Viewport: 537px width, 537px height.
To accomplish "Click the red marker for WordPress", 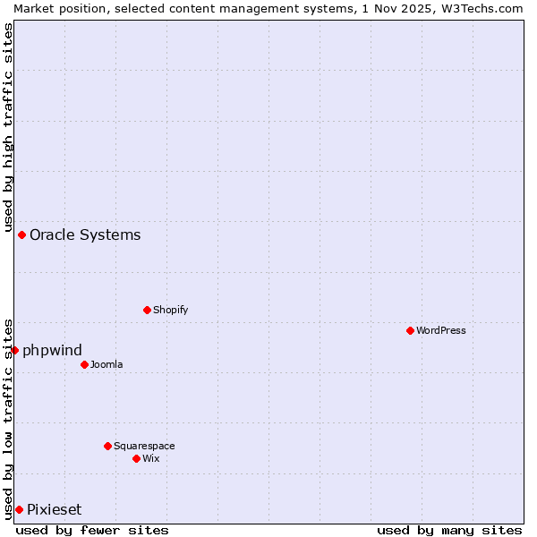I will pos(410,330).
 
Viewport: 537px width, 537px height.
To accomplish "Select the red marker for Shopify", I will pos(147,310).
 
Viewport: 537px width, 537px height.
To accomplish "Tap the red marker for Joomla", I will pos(84,364).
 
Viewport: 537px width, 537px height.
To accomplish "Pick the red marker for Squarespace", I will pos(107,446).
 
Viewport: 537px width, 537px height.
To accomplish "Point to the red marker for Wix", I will pos(136,458).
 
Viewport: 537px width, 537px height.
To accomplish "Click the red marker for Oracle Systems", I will pos(21,234).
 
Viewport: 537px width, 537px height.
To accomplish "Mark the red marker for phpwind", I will pos(14,350).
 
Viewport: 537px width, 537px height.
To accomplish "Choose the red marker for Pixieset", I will pos(19,509).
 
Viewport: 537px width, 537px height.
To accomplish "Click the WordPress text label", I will pos(441,330).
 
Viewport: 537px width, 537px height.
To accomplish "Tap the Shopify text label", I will pos(170,310).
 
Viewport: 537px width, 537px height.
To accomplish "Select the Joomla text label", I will pos(107,364).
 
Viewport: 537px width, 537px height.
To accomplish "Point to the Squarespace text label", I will pos(144,446).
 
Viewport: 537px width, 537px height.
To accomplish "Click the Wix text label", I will pos(151,458).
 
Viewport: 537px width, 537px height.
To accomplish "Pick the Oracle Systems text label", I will pos(85,234).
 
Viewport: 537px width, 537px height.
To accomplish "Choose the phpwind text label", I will pos(52,350).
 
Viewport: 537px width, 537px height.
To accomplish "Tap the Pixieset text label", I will pos(54,509).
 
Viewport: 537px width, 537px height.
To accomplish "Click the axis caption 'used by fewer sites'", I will pos(92,530).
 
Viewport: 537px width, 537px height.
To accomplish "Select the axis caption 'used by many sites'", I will pos(449,530).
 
